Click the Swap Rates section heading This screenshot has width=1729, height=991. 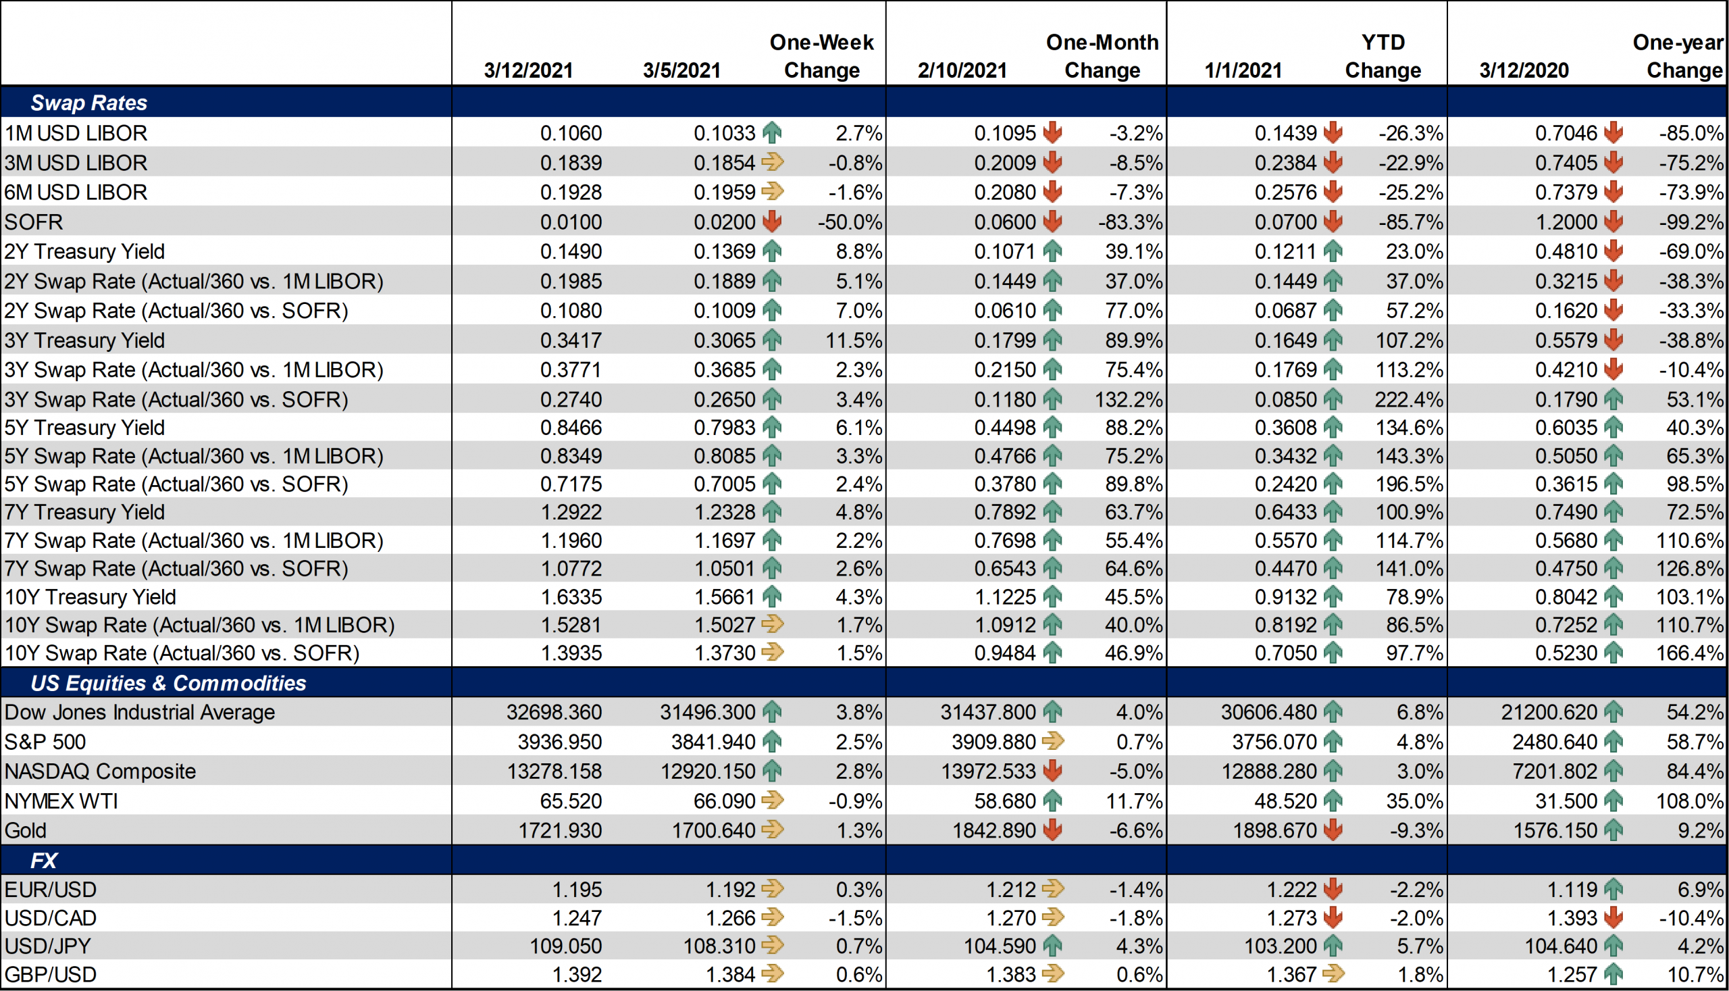pos(89,103)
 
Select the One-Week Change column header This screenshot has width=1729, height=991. pos(821,57)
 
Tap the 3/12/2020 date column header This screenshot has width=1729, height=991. pos(1524,70)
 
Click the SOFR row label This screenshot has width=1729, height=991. pos(33,222)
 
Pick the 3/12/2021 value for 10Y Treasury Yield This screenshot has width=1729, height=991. pos(571,597)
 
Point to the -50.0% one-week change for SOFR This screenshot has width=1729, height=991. pos(850,222)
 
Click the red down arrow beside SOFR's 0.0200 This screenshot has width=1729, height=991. pos(772,221)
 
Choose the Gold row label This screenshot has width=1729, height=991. pos(25,830)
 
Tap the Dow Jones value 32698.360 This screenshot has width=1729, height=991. pos(554,712)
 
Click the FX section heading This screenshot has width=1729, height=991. pos(43,861)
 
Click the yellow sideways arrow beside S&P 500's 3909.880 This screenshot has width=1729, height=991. pos(1053,741)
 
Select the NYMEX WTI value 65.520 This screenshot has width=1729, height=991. pos(571,801)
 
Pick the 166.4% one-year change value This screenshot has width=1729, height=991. pos(1690,653)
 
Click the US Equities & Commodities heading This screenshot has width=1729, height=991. pos(168,683)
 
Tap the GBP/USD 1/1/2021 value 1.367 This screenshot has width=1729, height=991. pos(1292,975)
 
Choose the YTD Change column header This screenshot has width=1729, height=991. pos(1383,57)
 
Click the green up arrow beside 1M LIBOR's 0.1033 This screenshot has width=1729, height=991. pos(772,132)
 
